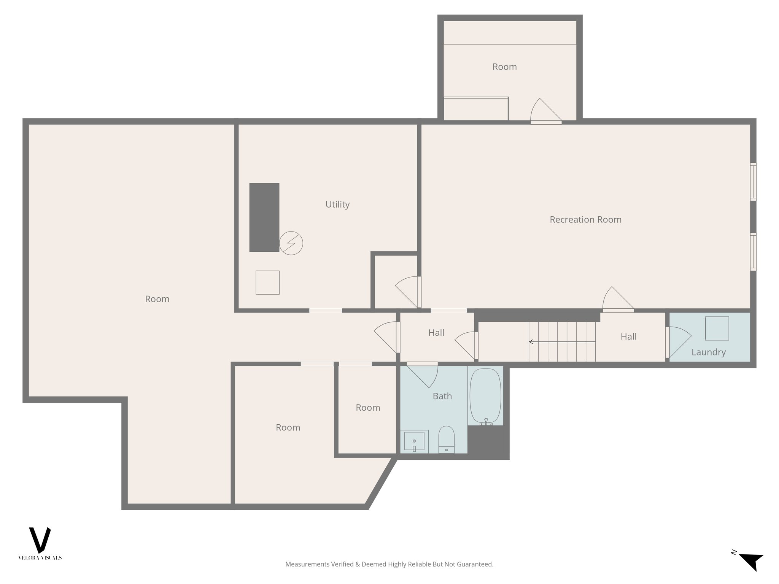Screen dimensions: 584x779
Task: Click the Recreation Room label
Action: tap(585, 219)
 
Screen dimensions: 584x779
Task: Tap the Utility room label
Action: tap(337, 204)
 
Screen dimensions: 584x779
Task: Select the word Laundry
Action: tap(708, 352)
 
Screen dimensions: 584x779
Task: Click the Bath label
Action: tap(442, 396)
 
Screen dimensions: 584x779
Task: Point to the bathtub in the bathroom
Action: tap(485, 396)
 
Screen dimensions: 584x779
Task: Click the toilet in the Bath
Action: tap(446, 439)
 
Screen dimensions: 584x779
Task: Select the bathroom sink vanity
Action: tap(414, 441)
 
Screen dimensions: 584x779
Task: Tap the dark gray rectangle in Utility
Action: tap(264, 217)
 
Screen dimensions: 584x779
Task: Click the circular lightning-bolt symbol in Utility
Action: tap(291, 243)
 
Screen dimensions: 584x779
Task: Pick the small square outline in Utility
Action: tap(267, 282)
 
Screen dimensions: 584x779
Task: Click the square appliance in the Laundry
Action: tap(717, 328)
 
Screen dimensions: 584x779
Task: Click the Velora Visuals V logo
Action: tap(40, 540)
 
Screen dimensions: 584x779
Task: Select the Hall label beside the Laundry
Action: tap(628, 336)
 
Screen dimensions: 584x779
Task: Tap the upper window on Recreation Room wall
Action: tap(753, 182)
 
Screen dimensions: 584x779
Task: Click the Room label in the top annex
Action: tap(504, 67)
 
